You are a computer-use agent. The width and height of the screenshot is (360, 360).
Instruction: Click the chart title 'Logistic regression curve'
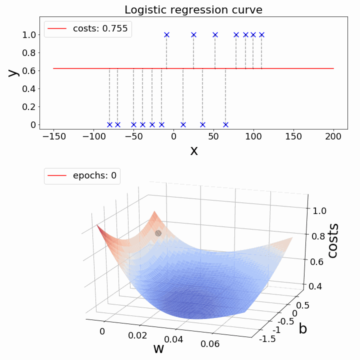(x=193, y=10)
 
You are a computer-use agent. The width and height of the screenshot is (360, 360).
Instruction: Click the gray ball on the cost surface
(x=158, y=233)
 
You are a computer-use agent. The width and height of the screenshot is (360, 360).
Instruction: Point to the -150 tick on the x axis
(x=53, y=137)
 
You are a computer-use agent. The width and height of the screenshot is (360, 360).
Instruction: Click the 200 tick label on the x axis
(x=333, y=137)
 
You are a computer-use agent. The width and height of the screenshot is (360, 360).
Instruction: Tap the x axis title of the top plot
(x=193, y=150)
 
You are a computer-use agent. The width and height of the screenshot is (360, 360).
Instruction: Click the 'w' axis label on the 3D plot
(x=158, y=348)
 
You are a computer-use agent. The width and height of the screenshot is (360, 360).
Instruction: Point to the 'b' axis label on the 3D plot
(x=303, y=329)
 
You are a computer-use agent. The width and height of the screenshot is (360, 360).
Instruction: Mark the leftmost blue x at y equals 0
(x=109, y=124)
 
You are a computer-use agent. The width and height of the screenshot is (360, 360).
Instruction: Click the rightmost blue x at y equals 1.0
(x=261, y=34)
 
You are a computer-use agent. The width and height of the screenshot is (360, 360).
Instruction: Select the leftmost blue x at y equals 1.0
(x=166, y=34)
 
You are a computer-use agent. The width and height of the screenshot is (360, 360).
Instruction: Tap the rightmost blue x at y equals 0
(x=225, y=124)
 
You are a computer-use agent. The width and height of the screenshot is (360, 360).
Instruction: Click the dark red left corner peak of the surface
(x=99, y=226)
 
